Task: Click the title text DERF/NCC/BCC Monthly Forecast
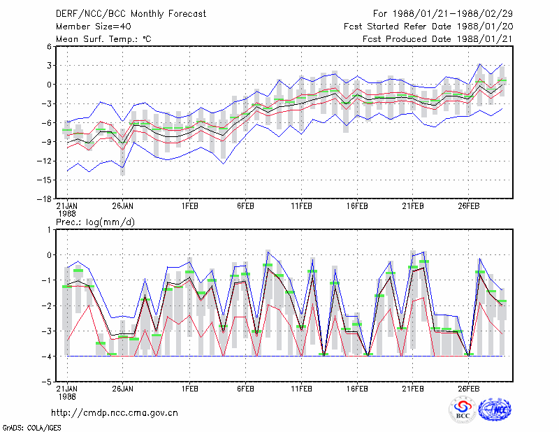click(131, 14)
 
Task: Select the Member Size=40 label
click(94, 27)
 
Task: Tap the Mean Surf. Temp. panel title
click(103, 39)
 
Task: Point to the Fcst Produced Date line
click(437, 39)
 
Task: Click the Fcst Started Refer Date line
click(428, 27)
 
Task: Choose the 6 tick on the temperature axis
click(49, 46)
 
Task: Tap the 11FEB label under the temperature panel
click(302, 206)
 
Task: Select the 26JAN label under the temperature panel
click(123, 206)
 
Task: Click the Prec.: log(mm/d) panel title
click(95, 222)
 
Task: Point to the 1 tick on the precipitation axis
click(49, 230)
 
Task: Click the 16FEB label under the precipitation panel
click(357, 389)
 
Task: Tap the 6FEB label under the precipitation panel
click(246, 389)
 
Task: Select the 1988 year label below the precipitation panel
click(67, 396)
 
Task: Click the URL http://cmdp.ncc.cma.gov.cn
click(115, 413)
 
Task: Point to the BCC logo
click(463, 410)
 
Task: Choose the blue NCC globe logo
click(495, 410)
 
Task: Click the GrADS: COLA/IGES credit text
click(31, 428)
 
